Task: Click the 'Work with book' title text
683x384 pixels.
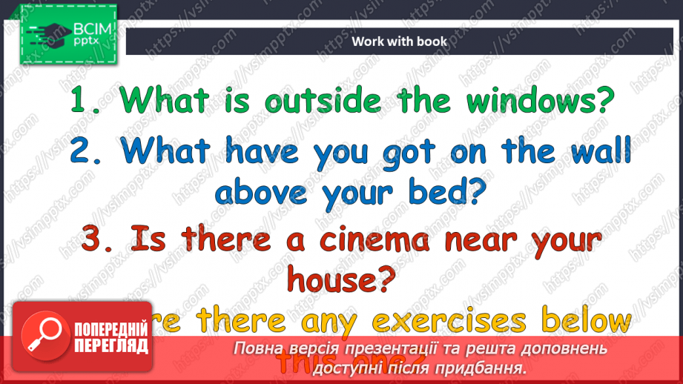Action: point(399,42)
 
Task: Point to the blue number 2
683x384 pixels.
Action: point(81,151)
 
